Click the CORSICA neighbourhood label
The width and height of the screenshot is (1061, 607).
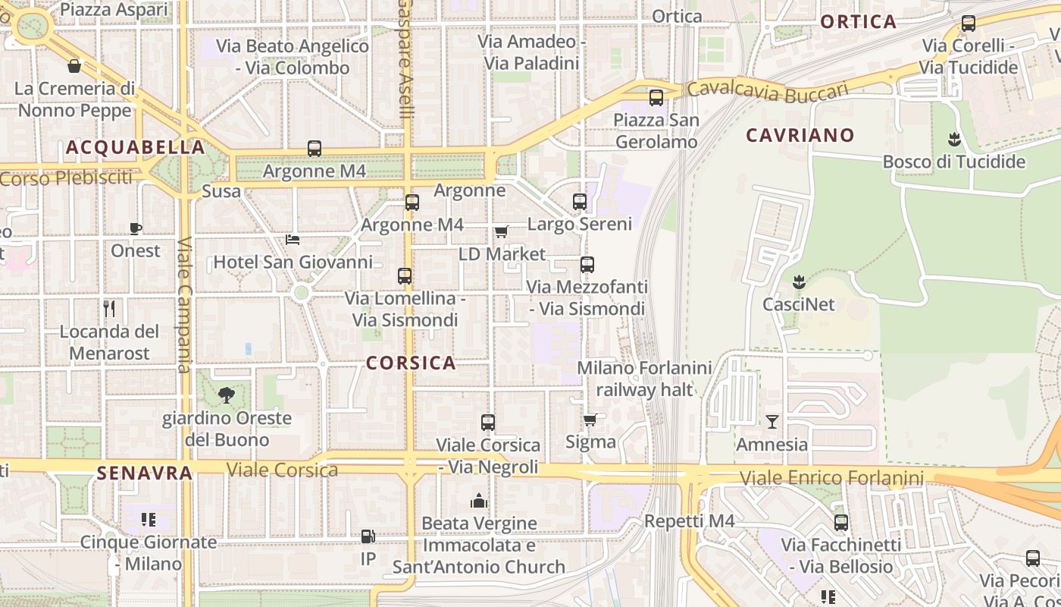[x=411, y=363]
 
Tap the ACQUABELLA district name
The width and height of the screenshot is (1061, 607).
[x=135, y=147]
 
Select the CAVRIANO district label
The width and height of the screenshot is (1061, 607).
[x=800, y=135]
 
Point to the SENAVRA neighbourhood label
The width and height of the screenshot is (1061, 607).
[x=144, y=473]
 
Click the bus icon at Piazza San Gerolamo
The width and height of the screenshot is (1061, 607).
[x=656, y=98]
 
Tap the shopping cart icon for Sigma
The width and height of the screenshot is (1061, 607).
[x=590, y=420]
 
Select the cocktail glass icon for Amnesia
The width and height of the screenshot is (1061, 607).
[x=772, y=422]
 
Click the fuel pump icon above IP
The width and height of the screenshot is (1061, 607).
[x=368, y=536]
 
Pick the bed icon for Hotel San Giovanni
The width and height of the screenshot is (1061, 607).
[x=293, y=240]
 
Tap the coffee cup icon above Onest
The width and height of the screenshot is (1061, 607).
[x=136, y=228]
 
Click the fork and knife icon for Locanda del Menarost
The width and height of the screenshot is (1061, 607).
[x=109, y=309]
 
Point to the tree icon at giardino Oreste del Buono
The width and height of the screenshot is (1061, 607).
[x=226, y=395]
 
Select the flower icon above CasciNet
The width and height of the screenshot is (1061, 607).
[x=798, y=282]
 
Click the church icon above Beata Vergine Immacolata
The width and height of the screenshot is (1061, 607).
[x=479, y=501]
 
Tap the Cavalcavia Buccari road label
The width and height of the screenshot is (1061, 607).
[x=767, y=90]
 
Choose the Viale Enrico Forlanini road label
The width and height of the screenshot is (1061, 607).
[x=831, y=478]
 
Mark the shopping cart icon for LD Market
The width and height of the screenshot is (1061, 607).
[x=501, y=231]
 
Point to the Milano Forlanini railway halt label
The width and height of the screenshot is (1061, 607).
[x=644, y=379]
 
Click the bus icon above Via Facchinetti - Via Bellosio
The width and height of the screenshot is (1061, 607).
[x=841, y=523]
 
